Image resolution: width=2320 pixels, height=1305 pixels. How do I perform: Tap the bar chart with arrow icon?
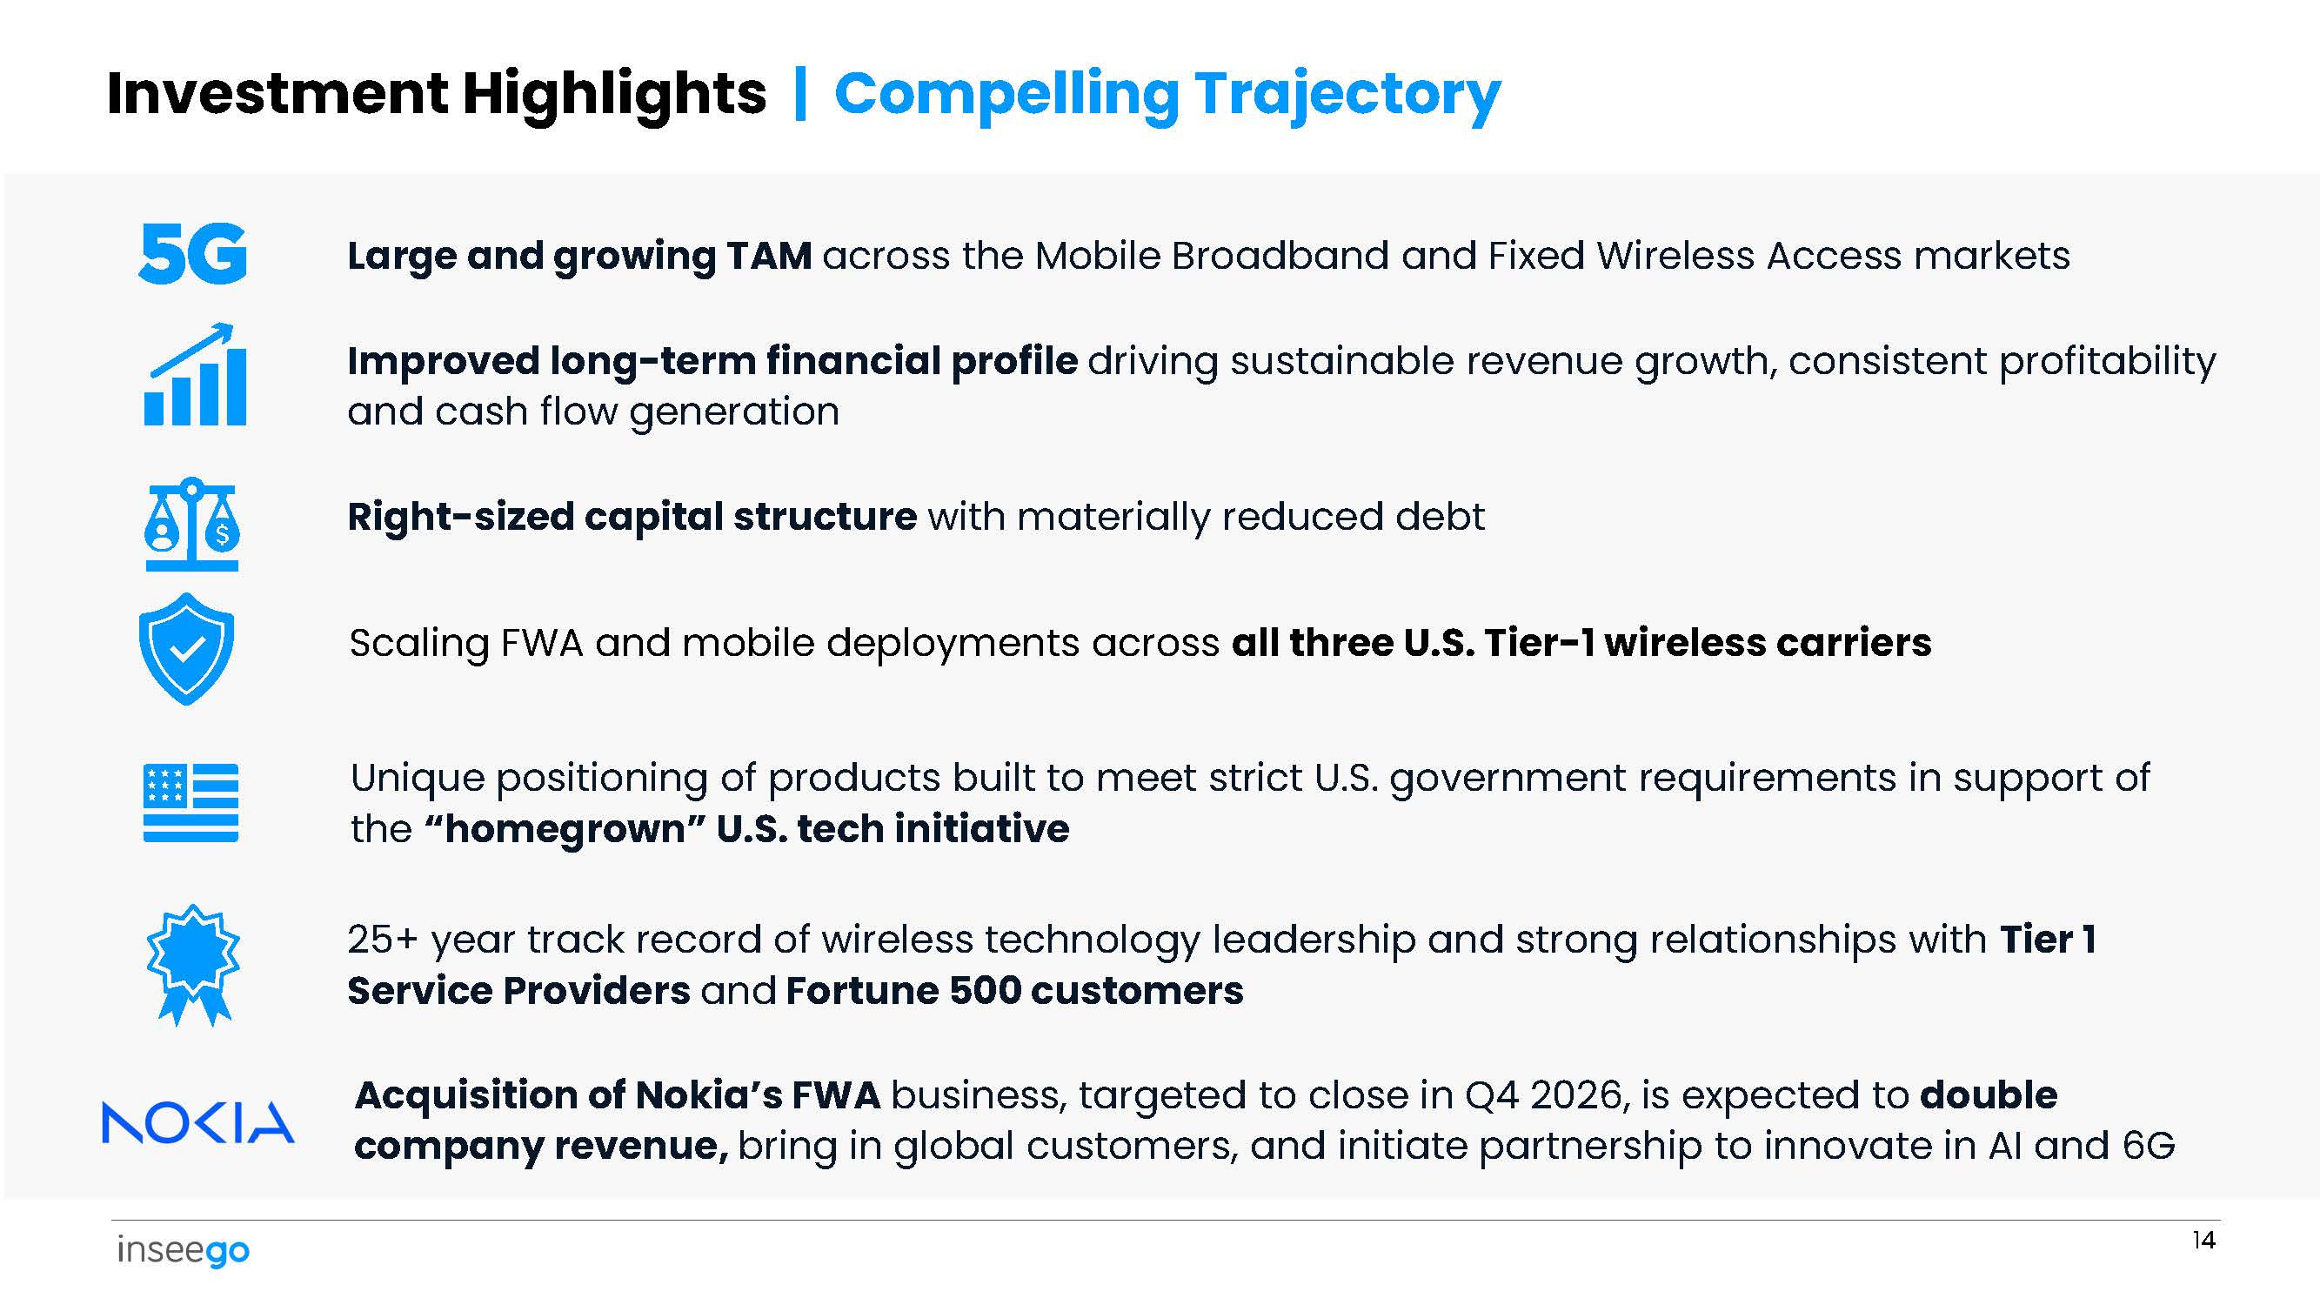(x=195, y=374)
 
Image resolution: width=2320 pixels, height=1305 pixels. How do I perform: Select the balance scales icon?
(x=192, y=524)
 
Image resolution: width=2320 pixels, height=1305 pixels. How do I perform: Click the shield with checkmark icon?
(x=187, y=648)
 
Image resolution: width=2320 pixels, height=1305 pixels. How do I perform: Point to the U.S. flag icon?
(x=191, y=802)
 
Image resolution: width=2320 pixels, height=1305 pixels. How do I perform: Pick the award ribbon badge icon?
(x=194, y=966)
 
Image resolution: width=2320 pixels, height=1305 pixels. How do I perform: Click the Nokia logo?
(x=198, y=1122)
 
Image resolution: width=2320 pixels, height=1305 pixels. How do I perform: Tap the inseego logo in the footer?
(x=183, y=1250)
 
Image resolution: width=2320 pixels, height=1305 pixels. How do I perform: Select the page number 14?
(x=2203, y=1240)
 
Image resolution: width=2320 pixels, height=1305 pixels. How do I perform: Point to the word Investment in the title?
(x=277, y=93)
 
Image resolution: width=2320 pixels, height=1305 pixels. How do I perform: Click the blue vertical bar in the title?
(x=799, y=94)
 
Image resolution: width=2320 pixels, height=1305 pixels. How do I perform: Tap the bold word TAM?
(x=769, y=256)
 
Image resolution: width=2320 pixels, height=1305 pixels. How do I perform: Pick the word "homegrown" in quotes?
(x=565, y=828)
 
